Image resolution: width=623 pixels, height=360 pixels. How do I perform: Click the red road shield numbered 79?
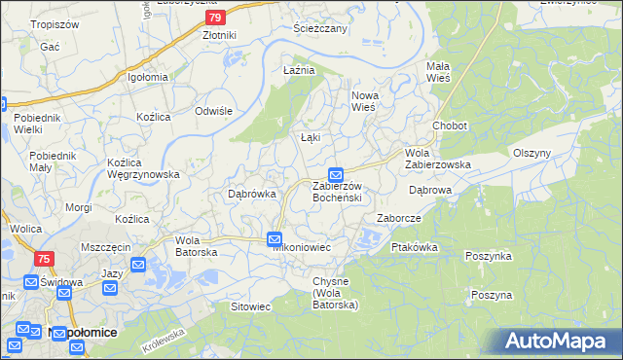pos(217,17)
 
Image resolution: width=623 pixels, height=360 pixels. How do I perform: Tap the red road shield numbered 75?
pos(44,259)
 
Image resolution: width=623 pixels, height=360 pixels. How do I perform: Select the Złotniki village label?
pos(219,36)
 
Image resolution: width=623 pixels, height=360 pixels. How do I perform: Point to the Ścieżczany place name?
pos(320,28)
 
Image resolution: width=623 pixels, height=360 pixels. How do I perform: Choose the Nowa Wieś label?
pos(363,101)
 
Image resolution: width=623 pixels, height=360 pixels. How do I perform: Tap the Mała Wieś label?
pos(445,72)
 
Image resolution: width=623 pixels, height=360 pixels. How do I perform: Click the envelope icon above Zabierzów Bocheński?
pos(335,174)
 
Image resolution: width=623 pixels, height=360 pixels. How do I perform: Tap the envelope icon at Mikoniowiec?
pos(275,238)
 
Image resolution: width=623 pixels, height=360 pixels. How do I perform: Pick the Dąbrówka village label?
pos(251,194)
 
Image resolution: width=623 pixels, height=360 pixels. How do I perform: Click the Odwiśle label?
pos(213,111)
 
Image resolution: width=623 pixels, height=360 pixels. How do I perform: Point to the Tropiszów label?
pos(54,23)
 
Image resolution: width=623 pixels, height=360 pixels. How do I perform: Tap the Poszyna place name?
pos(491,295)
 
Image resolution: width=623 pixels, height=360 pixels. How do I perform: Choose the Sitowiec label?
pos(250,306)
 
